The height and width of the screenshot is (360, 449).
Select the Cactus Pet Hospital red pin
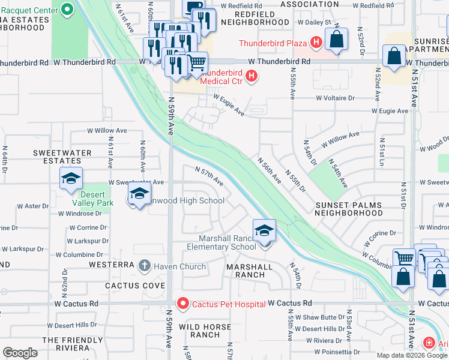(x=183, y=304)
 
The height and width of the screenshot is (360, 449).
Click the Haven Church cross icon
(x=143, y=265)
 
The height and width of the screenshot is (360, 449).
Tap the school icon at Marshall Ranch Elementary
(x=264, y=231)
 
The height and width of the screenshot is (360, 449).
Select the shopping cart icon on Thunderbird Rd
(x=197, y=63)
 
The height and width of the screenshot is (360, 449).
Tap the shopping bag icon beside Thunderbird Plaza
(x=337, y=40)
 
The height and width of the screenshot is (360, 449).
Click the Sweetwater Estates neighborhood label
(x=62, y=157)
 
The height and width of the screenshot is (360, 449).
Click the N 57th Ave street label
(x=210, y=176)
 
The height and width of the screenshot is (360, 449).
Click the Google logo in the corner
(x=20, y=353)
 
